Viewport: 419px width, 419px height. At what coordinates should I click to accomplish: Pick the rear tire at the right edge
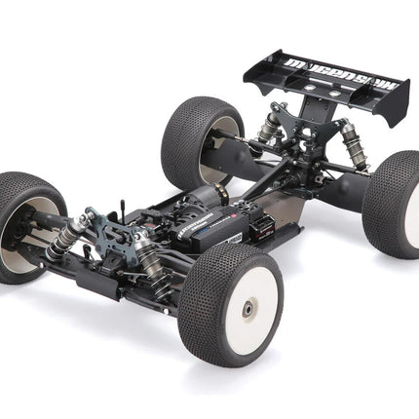click(394, 210)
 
